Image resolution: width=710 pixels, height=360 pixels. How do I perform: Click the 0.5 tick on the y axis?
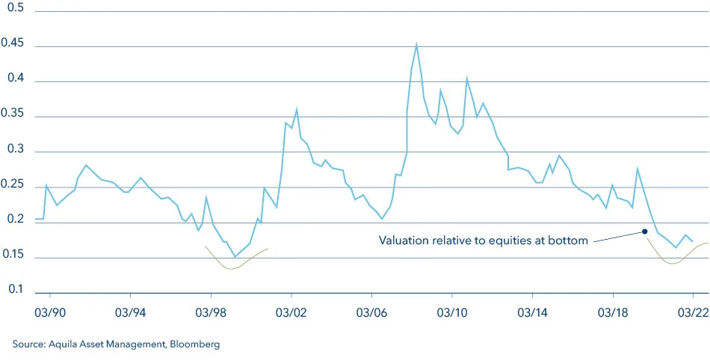tap(14, 8)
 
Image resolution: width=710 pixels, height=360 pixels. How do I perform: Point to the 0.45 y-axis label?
tap(14, 44)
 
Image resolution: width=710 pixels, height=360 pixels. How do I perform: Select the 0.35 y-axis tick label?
tap(14, 114)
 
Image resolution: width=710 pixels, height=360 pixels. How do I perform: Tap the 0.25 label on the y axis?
tap(14, 185)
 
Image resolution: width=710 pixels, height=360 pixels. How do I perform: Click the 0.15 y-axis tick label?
tap(14, 255)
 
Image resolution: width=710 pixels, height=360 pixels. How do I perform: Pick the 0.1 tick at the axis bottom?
tap(14, 290)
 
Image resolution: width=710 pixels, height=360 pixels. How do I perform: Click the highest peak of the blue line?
tap(416, 43)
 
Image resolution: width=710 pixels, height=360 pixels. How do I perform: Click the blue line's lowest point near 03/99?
tap(235, 257)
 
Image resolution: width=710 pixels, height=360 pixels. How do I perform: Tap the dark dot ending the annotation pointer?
tap(644, 232)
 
